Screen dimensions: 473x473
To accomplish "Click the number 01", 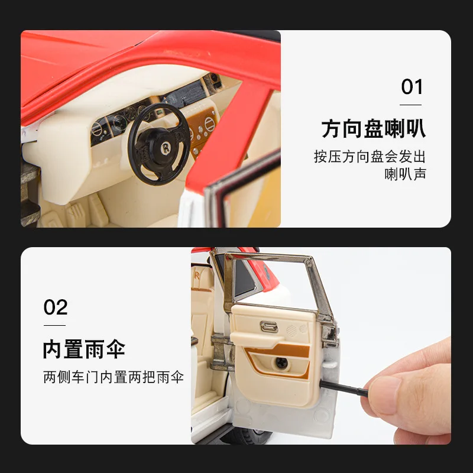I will (412, 87).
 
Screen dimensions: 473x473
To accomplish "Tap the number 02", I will (56, 307).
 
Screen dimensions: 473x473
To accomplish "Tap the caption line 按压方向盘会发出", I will (370, 157).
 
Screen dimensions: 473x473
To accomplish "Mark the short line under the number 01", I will (410, 105).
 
